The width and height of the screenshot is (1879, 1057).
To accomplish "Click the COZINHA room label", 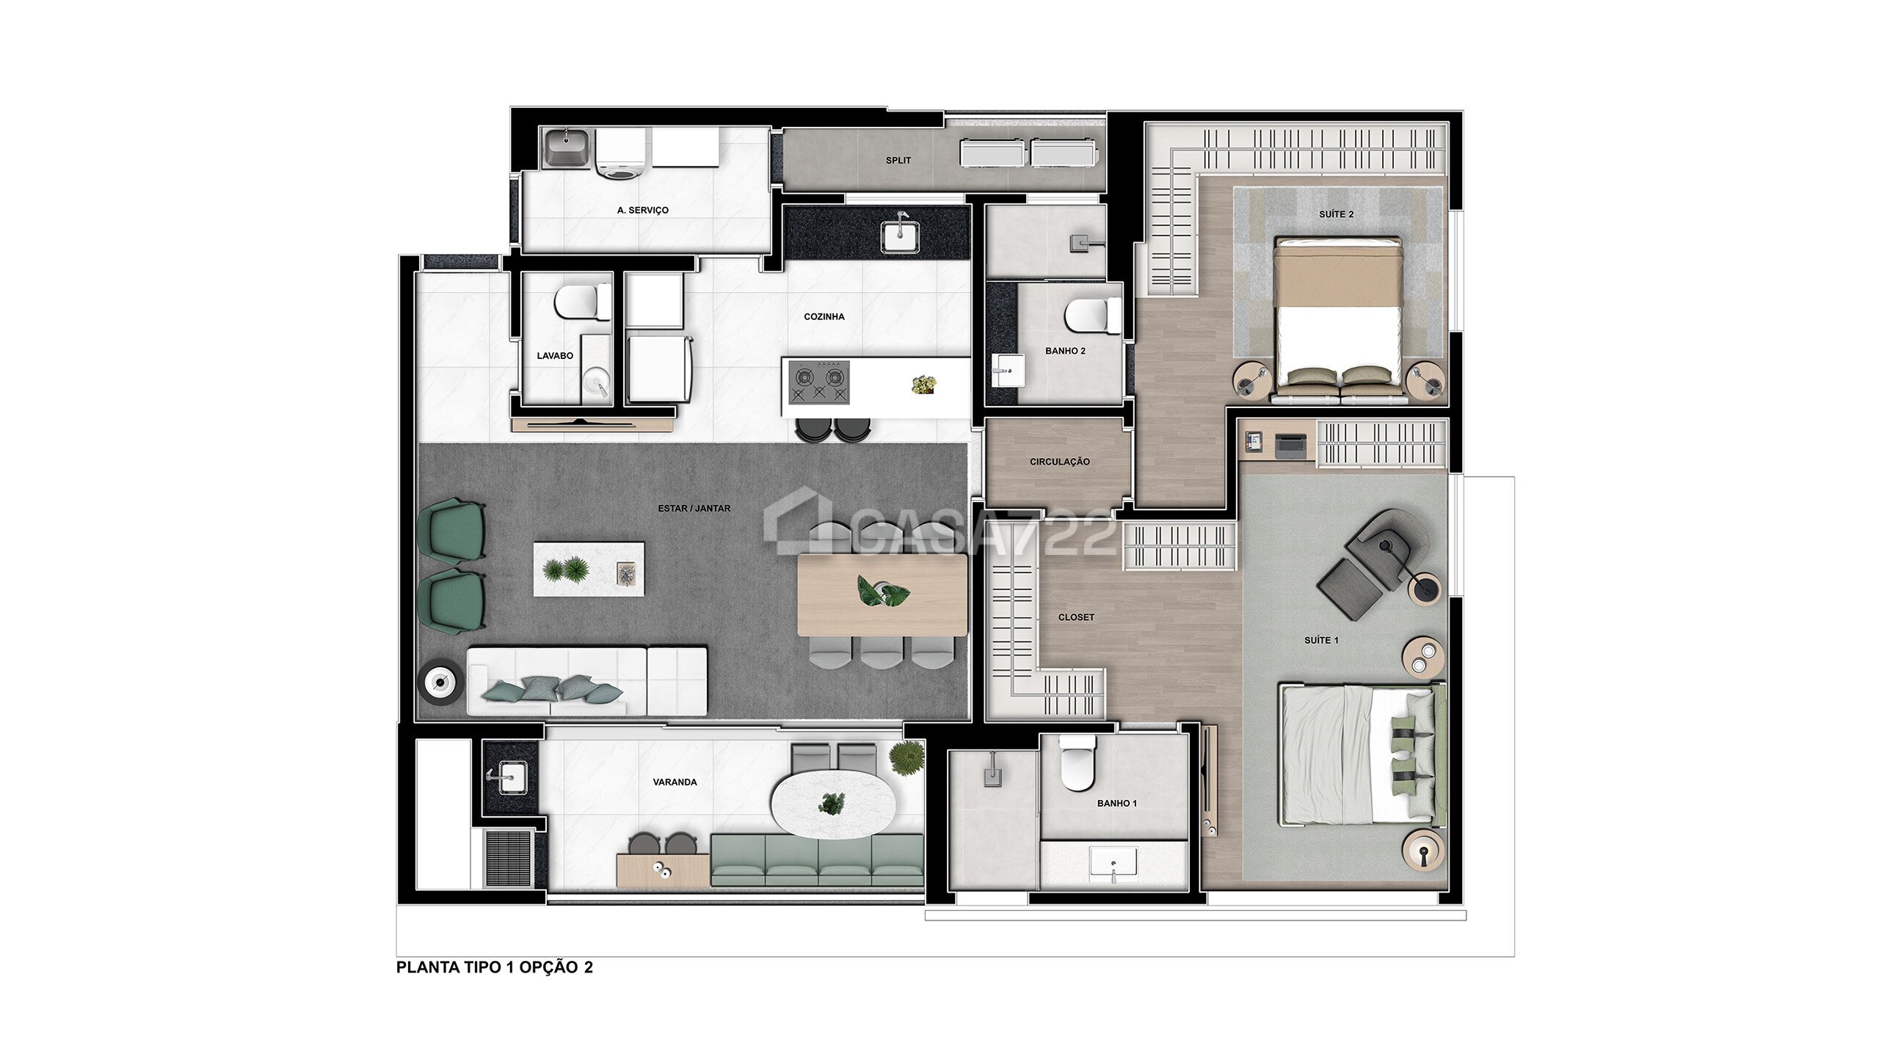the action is (x=824, y=316).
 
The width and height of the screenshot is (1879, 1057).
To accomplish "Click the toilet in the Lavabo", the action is (x=581, y=302).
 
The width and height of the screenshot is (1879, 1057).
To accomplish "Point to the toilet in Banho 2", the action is (x=1091, y=316).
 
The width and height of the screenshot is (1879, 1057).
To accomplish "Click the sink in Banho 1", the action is (x=1113, y=862).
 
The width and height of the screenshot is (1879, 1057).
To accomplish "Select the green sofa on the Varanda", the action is (x=817, y=860).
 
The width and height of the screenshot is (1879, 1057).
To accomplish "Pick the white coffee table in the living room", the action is (x=589, y=569).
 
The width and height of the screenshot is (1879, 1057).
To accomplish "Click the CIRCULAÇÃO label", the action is (x=1059, y=462).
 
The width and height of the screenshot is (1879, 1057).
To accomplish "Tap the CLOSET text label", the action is (x=1076, y=617).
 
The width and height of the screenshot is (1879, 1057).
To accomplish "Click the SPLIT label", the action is (x=898, y=160).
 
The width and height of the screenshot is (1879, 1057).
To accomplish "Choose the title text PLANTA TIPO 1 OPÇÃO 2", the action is (x=494, y=967).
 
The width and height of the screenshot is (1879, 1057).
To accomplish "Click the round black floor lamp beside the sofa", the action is (x=440, y=683).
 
